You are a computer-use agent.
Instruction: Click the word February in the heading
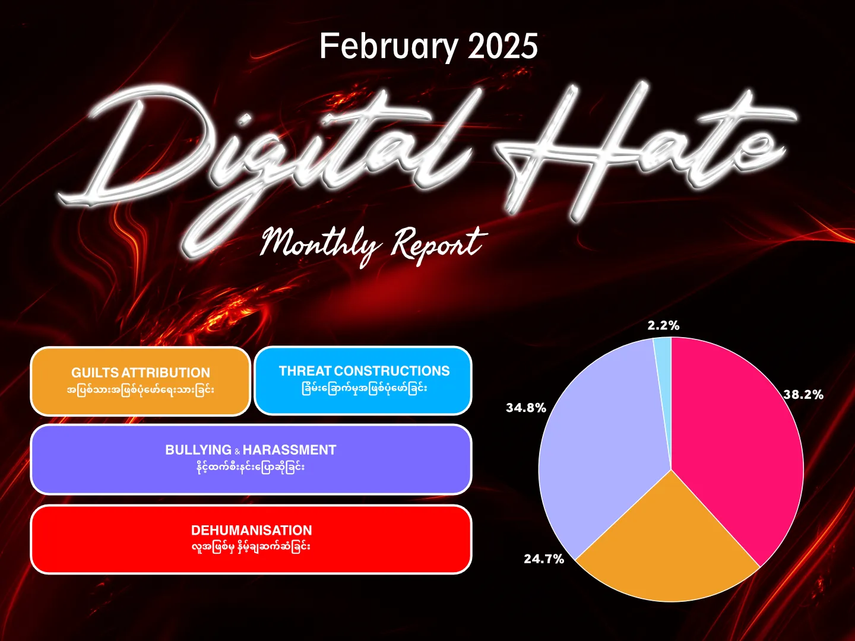(x=388, y=47)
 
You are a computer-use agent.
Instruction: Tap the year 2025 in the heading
(x=503, y=46)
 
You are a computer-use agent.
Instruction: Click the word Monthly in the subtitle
(x=320, y=246)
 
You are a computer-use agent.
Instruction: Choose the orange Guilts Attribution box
(x=140, y=381)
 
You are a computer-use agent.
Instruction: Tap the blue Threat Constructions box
(x=363, y=380)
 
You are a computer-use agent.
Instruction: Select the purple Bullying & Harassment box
(x=251, y=459)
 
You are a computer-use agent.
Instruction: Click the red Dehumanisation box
(x=251, y=540)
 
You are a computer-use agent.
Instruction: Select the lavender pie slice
(x=600, y=448)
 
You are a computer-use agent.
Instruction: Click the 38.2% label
(x=803, y=395)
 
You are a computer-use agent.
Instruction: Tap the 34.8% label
(x=526, y=408)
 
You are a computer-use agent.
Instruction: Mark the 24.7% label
(x=544, y=559)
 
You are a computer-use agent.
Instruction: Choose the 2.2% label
(x=663, y=325)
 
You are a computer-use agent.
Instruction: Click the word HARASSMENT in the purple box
(x=289, y=450)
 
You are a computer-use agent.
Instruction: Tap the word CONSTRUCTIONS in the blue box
(x=392, y=371)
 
